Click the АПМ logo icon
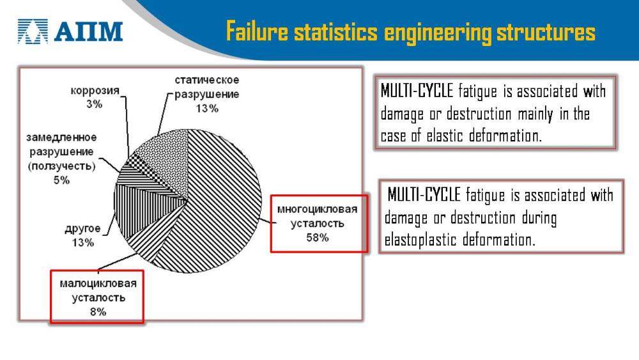click(33, 31)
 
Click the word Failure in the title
click(257, 31)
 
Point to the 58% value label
click(318, 237)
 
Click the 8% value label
click(98, 312)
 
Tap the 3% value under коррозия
click(94, 104)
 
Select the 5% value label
click(61, 180)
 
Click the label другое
click(82, 229)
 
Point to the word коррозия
click(95, 91)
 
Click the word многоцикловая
click(317, 209)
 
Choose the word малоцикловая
click(98, 283)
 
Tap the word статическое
click(207, 80)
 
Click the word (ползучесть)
click(61, 166)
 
